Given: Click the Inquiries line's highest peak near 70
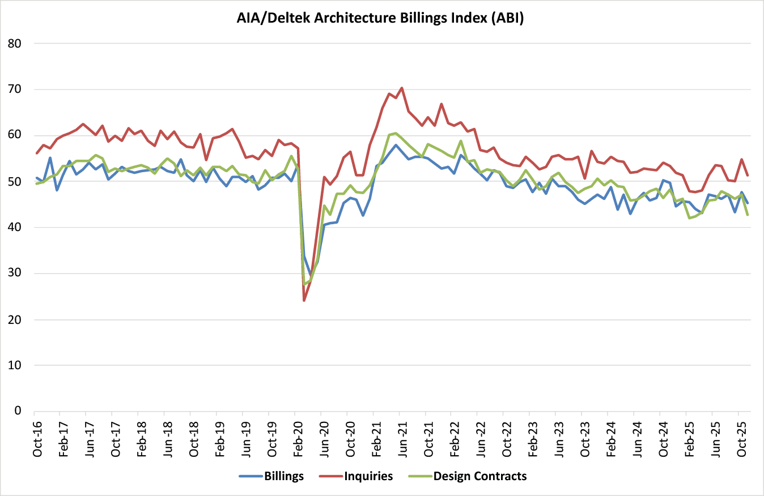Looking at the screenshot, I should click(x=402, y=88).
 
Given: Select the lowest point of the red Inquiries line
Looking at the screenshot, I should click(x=304, y=300).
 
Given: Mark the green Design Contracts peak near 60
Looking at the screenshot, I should click(x=396, y=133).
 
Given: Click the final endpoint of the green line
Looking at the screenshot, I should click(x=748, y=215).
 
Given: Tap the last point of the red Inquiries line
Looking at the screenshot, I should click(x=748, y=176).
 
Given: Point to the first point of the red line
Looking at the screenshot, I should click(x=37, y=153).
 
